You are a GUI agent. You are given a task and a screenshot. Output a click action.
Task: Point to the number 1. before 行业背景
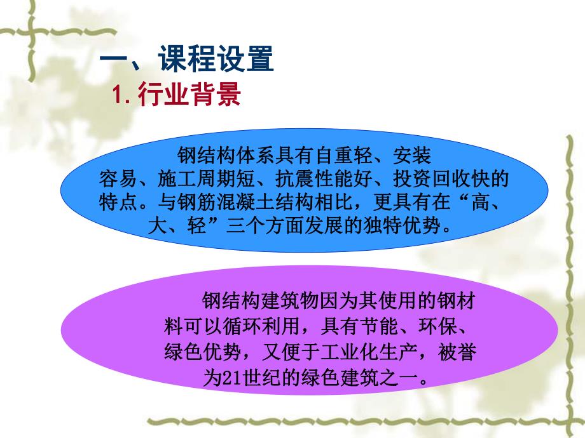121,95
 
